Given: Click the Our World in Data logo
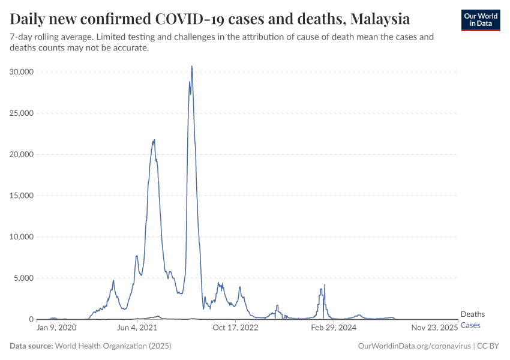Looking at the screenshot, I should [480, 20].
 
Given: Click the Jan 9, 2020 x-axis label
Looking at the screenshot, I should [56, 328].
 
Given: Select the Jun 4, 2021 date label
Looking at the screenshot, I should [137, 328].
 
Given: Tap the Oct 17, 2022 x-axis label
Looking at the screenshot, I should [235, 328].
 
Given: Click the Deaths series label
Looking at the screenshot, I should [472, 314].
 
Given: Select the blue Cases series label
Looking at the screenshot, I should [470, 325].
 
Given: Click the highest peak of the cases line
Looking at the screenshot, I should [191, 67].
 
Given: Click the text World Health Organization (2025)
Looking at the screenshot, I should [113, 346].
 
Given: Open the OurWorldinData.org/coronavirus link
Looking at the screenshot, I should [413, 346].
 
